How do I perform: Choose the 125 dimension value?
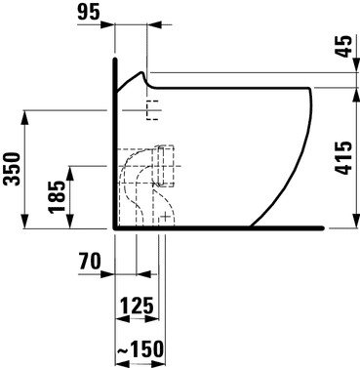[x=138, y=307]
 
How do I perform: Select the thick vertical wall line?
[x=115, y=146]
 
